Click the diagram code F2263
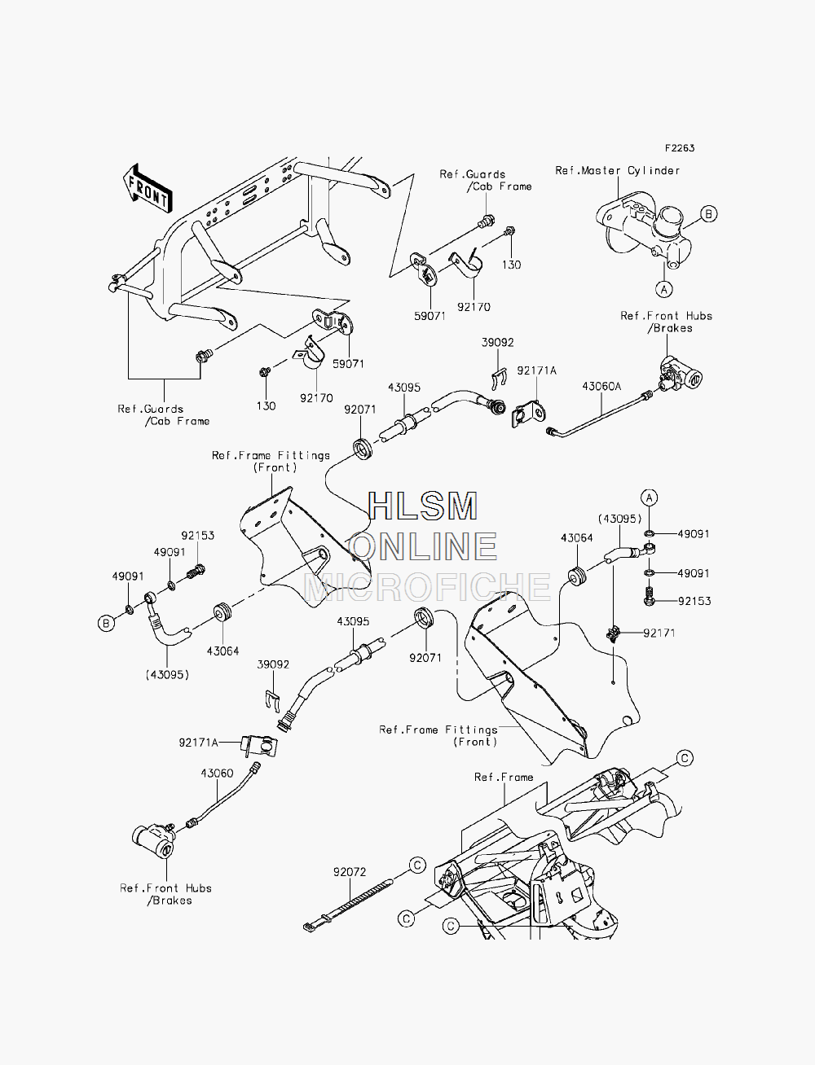680,148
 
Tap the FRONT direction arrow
148,189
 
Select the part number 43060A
601,386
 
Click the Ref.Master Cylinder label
617,170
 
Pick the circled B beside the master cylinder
708,214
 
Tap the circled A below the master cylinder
664,289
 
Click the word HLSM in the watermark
422,506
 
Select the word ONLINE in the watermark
423,546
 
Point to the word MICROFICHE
427,586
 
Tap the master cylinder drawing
644,230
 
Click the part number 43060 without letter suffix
217,773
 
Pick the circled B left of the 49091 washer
107,623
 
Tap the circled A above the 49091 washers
650,497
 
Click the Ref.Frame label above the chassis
504,777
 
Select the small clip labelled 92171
614,633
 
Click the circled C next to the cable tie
417,865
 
